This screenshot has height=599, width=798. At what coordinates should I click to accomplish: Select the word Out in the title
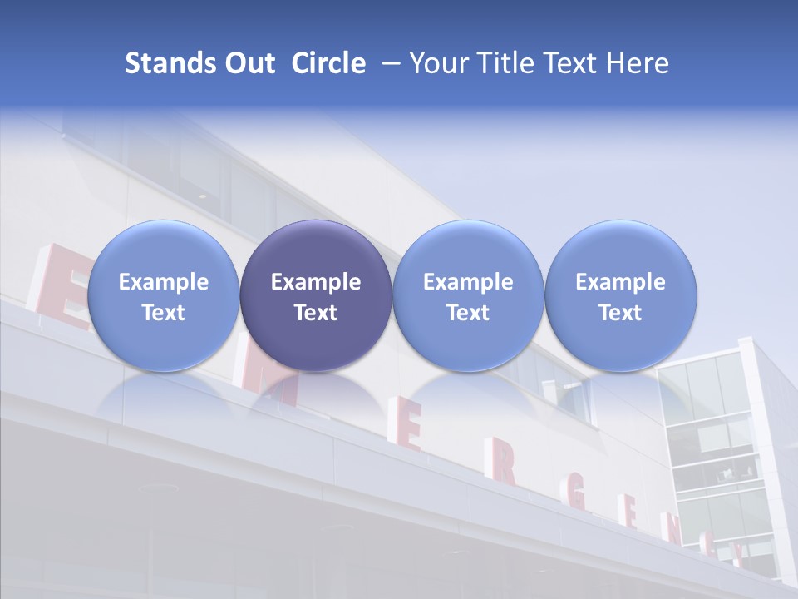pos(247,63)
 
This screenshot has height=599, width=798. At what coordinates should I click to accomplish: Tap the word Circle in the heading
pos(328,63)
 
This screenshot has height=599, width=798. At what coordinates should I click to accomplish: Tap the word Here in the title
pos(636,63)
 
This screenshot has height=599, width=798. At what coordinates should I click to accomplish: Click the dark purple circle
pos(316,295)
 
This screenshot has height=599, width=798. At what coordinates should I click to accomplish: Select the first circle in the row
pos(163,295)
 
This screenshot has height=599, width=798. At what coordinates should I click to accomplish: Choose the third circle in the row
pos(468,295)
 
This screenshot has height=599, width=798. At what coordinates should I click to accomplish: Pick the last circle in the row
pos(620,295)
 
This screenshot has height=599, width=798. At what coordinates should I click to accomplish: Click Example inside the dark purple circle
pos(316,282)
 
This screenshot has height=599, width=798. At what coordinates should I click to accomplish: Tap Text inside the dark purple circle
pos(316,313)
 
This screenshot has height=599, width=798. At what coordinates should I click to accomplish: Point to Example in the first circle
pos(163,282)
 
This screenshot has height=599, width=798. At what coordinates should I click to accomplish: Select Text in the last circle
pos(620,313)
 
